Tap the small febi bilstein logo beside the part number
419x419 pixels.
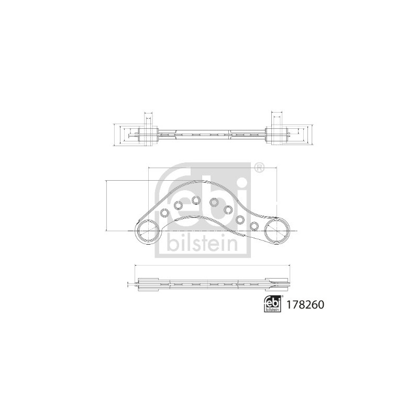click(272, 304)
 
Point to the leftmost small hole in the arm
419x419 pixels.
click(164, 213)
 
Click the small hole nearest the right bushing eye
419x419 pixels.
click(255, 226)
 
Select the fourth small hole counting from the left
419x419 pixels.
click(214, 202)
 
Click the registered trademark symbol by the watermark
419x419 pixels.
click(258, 168)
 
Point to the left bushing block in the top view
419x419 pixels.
click(148, 135)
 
